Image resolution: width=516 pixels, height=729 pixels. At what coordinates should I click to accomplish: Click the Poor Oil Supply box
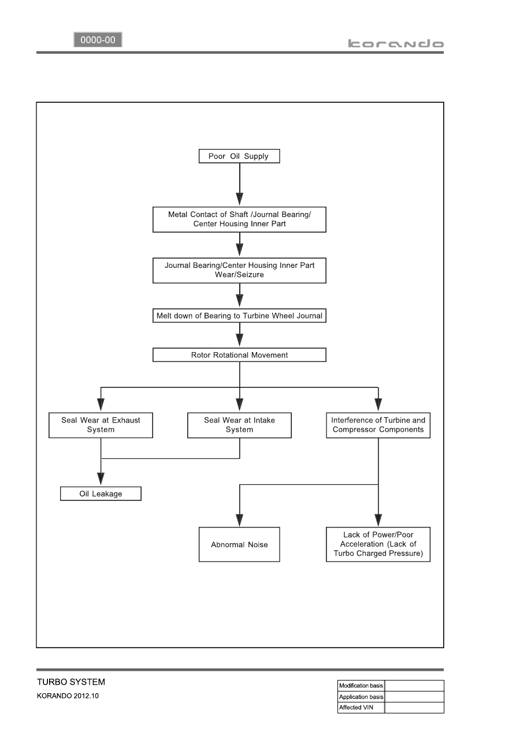click(239, 156)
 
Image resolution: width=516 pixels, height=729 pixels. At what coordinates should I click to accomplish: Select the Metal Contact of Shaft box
click(239, 219)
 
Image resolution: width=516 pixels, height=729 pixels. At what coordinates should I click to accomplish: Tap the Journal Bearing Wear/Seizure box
click(239, 271)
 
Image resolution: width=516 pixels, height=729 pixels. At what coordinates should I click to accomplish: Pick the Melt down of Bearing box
click(239, 316)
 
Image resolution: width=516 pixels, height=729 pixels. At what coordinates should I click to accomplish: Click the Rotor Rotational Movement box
click(239, 355)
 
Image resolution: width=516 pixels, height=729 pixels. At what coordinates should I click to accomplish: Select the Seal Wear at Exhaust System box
click(101, 425)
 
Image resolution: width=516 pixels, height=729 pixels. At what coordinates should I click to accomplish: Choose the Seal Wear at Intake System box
click(239, 425)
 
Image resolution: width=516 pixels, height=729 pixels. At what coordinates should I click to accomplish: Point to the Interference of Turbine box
click(378, 425)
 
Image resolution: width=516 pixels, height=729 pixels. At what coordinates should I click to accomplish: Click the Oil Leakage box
click(101, 494)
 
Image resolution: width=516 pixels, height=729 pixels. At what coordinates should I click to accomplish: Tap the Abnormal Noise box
click(239, 544)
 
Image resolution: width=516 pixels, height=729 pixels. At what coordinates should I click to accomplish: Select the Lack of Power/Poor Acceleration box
click(378, 544)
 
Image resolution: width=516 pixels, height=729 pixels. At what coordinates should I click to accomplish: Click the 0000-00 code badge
click(98, 40)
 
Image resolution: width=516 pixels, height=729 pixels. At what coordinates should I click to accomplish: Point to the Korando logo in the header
click(396, 44)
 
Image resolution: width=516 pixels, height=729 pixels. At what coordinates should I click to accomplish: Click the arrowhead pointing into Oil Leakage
click(101, 479)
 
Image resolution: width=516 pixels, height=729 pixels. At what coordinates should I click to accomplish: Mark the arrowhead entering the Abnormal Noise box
click(239, 520)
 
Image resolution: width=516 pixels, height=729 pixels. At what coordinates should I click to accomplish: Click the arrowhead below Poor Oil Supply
click(239, 199)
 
